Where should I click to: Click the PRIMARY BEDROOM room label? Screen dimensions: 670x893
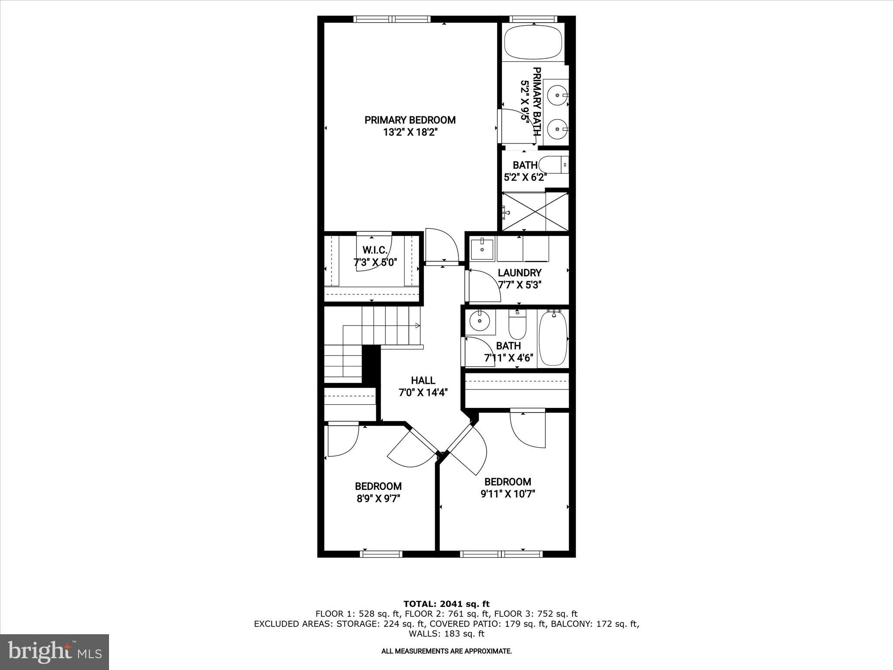coord(410,120)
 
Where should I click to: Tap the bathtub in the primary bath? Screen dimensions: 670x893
coord(533,42)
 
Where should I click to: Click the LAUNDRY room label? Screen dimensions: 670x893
coord(520,273)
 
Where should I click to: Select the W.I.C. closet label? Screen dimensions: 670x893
coord(375,250)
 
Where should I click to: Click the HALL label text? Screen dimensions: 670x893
coord(423,380)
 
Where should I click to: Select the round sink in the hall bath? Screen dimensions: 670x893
coord(480,322)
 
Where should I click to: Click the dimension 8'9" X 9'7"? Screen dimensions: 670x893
coord(378,499)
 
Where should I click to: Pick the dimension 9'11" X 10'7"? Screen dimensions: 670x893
coord(508,494)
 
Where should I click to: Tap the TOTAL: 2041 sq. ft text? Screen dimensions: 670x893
coord(446,604)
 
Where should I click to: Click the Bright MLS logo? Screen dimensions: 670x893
coord(55,652)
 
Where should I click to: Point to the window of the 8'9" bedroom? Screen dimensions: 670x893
coord(381,554)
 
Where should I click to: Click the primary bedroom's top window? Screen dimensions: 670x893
coord(392,19)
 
